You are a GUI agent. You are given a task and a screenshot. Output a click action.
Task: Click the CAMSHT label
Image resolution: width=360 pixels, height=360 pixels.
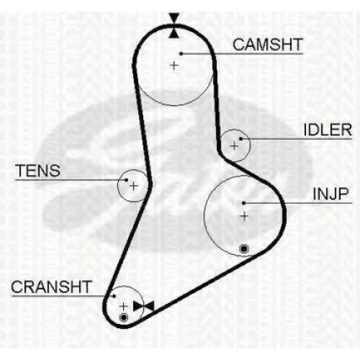(x=267, y=45)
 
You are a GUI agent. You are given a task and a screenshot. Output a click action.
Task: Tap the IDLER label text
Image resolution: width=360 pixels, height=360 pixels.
(x=328, y=130)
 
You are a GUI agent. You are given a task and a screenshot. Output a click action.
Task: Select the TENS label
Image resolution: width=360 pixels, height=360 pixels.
(x=37, y=171)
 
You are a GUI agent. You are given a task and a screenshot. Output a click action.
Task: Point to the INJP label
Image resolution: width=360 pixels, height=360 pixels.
(x=330, y=194)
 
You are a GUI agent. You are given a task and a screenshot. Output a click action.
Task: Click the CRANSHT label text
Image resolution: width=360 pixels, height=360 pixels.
(x=51, y=287)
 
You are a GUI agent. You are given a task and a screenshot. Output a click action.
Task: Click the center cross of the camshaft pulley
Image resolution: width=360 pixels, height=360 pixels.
(x=174, y=66)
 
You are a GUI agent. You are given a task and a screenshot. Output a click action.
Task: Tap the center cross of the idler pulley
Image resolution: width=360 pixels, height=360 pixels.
(x=234, y=145)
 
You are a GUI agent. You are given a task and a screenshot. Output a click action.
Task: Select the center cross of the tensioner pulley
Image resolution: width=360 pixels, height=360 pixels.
(x=134, y=186)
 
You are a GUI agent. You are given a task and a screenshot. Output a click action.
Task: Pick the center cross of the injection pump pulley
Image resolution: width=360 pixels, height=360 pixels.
(x=244, y=217)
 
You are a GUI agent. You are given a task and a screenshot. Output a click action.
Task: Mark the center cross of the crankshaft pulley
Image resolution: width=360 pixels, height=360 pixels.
(x=124, y=307)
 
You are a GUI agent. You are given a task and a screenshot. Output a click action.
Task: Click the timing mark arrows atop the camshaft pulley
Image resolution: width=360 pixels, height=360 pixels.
(x=174, y=26)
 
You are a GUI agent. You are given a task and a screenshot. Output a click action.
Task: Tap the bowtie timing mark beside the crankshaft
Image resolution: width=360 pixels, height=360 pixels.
(x=143, y=307)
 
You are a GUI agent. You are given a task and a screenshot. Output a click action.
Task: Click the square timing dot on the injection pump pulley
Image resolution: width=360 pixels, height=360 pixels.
(x=244, y=249)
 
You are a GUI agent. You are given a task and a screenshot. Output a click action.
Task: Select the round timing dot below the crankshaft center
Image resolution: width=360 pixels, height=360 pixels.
(x=124, y=318)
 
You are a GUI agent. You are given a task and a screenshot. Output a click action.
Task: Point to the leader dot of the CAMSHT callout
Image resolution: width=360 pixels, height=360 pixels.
(x=181, y=54)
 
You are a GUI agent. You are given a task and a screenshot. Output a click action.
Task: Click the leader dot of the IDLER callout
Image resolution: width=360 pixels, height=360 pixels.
(x=240, y=139)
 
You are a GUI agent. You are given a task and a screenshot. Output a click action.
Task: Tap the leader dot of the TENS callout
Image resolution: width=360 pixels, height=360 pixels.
(x=127, y=180)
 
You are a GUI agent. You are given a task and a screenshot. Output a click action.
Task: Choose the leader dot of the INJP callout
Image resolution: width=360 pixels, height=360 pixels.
(x=244, y=203)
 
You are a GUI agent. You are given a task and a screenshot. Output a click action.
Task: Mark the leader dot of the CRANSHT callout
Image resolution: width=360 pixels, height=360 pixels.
(x=114, y=296)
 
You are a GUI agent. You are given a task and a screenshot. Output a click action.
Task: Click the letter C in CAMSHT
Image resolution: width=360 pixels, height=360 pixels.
(x=238, y=45)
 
